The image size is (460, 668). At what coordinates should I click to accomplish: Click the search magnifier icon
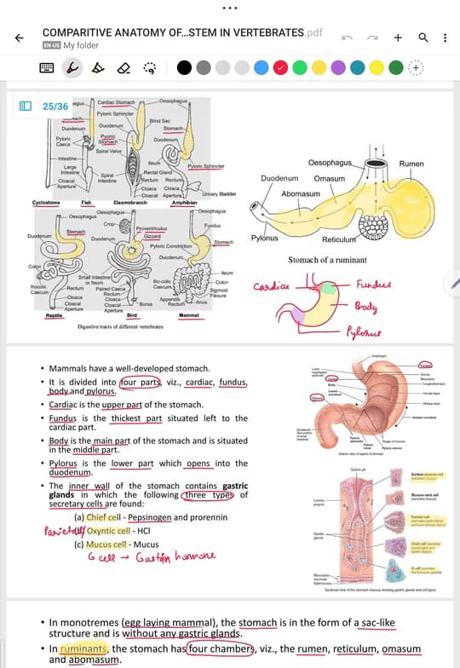423,38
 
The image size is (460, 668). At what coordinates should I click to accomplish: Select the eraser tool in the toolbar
124,67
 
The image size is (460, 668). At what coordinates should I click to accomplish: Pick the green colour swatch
300,67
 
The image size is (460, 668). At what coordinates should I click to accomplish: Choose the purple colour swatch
338,67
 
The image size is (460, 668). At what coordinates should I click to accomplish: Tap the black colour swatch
184,67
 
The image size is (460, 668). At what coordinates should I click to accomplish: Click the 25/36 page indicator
55,107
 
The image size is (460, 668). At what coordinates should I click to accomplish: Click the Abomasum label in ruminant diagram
301,193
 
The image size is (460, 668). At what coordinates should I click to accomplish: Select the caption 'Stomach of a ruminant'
327,260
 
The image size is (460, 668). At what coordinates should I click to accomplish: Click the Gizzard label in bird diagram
153,236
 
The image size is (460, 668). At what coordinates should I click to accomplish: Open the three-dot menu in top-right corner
445,38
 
